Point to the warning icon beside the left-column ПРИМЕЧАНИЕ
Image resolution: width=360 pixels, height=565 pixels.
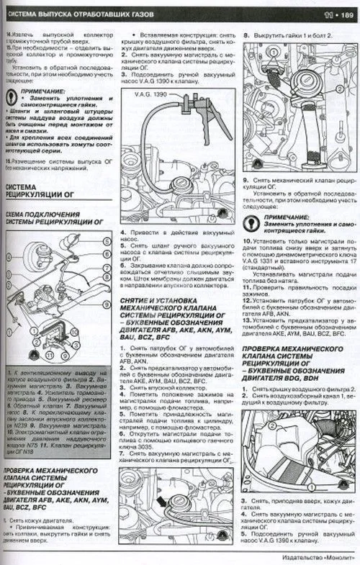point(12,94)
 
